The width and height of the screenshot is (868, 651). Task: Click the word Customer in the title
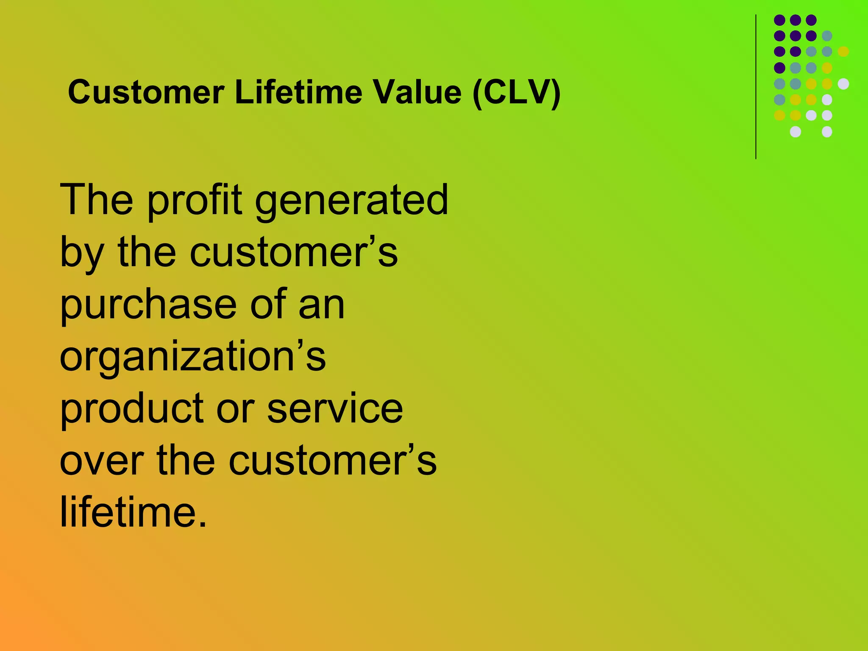click(146, 92)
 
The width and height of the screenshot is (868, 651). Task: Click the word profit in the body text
click(195, 200)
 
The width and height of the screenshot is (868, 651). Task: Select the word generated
click(351, 200)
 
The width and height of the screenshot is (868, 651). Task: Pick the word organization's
click(193, 357)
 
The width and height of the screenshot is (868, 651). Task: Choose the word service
click(335, 409)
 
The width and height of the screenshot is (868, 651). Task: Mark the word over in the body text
click(102, 461)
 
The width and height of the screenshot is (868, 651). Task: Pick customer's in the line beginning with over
click(333, 461)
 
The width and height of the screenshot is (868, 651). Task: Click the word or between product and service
click(236, 409)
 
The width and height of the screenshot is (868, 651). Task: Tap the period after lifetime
click(203, 523)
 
